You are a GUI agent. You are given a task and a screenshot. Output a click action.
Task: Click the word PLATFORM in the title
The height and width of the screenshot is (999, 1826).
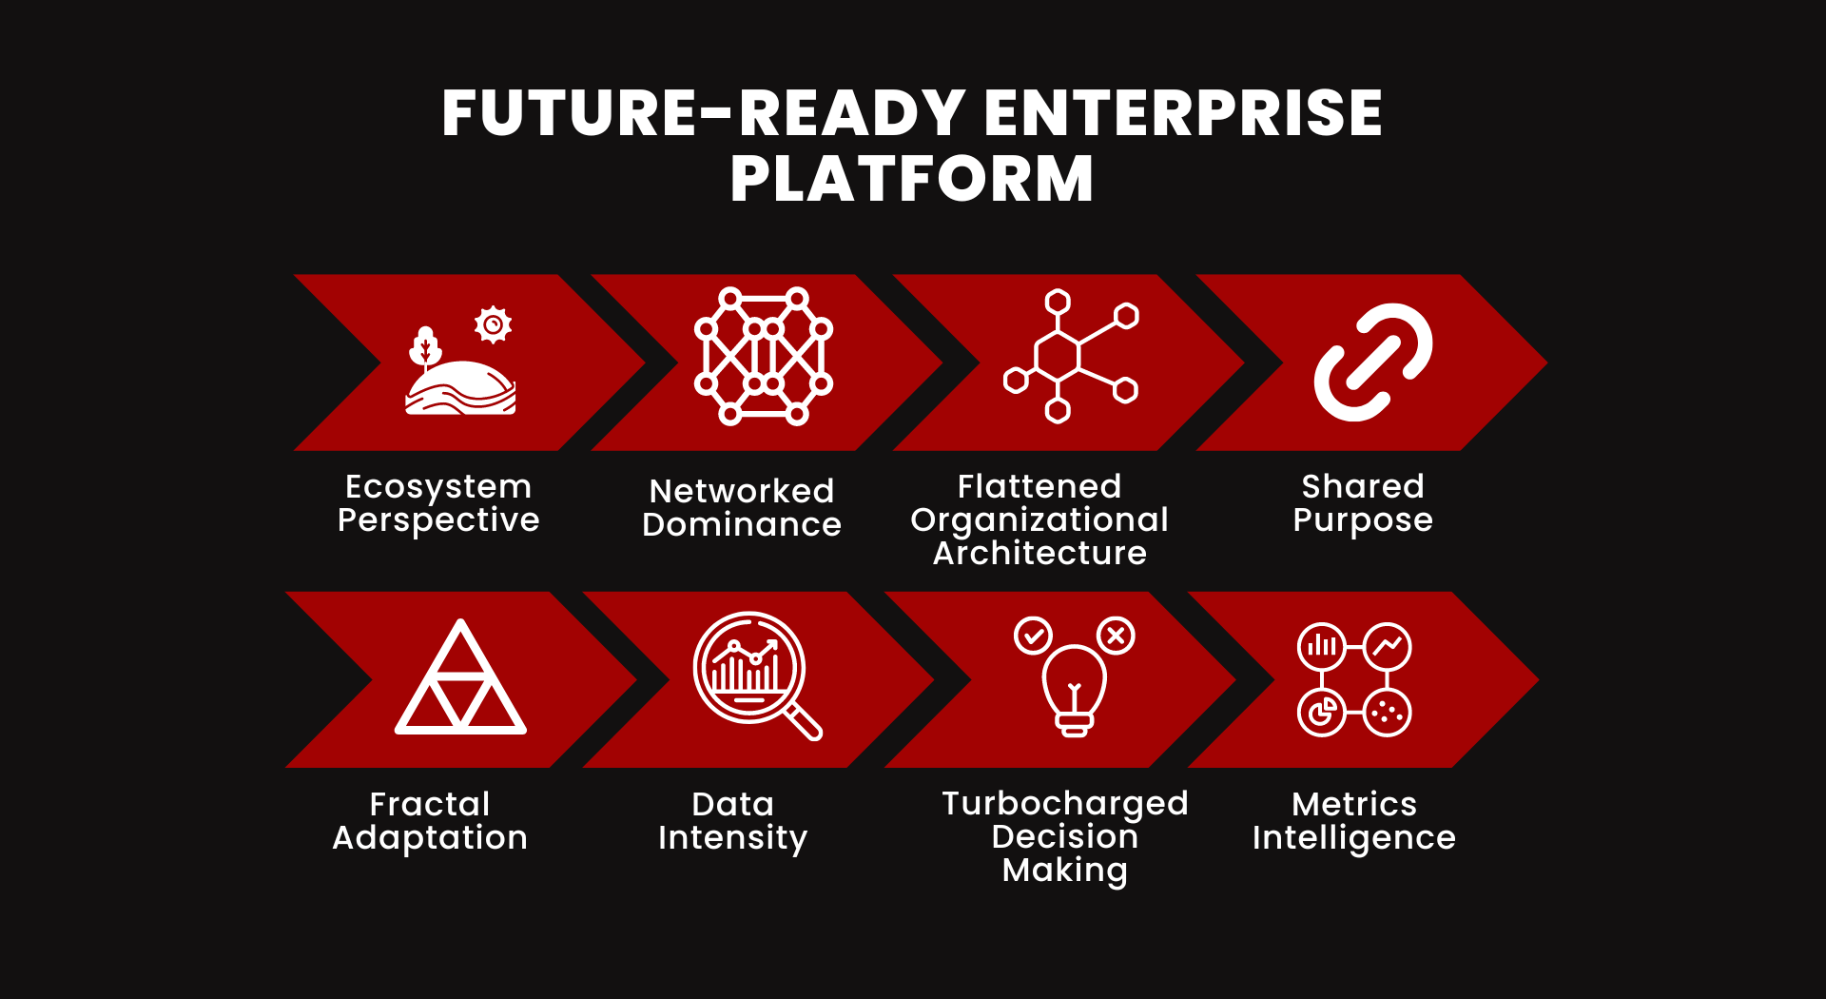click(912, 178)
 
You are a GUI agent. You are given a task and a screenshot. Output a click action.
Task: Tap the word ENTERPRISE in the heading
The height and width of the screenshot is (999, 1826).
click(1183, 112)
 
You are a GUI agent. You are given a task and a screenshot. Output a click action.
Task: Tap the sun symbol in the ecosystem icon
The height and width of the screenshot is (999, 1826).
click(493, 324)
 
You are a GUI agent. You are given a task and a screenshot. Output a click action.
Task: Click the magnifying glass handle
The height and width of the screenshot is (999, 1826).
click(804, 721)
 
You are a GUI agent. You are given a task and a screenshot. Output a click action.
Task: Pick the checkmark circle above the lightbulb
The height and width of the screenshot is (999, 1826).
click(1033, 635)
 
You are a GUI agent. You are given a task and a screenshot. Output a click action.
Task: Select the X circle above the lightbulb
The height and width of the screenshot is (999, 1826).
click(1116, 635)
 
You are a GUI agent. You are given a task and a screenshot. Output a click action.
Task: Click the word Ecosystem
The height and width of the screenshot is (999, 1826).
click(438, 487)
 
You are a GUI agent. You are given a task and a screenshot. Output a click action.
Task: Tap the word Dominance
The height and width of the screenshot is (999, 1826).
click(742, 524)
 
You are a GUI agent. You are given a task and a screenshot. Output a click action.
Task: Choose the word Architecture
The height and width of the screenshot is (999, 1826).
click(1039, 553)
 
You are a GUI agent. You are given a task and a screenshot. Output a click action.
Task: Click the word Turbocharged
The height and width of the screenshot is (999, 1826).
click(1065, 804)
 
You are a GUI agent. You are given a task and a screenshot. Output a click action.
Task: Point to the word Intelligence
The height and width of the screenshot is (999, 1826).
click(1354, 838)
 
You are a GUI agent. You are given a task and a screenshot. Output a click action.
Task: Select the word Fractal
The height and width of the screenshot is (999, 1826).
click(430, 804)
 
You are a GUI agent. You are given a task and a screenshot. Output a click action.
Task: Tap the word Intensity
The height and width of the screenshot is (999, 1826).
click(732, 838)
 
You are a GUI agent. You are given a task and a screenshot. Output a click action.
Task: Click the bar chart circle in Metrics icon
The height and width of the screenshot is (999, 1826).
click(1322, 648)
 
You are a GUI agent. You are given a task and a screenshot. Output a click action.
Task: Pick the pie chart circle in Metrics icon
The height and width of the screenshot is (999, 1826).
click(1322, 712)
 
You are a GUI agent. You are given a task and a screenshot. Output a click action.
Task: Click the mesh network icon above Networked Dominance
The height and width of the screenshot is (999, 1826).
click(764, 356)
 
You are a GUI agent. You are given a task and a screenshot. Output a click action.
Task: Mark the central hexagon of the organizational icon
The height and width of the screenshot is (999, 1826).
click(1058, 356)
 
